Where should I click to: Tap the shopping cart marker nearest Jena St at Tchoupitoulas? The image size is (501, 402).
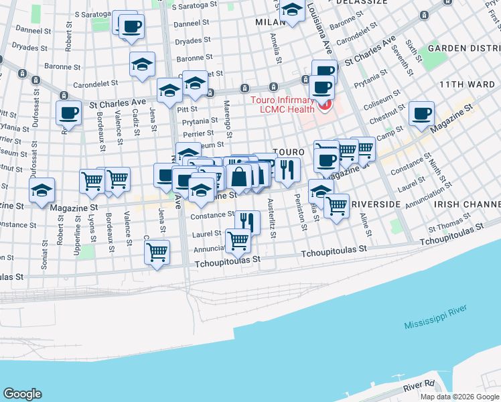pos(157,253)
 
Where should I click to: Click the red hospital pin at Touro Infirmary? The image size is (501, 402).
pos(326,105)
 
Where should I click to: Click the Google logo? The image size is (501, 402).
pos(22,394)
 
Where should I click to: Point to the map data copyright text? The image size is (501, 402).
pos(459,396)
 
